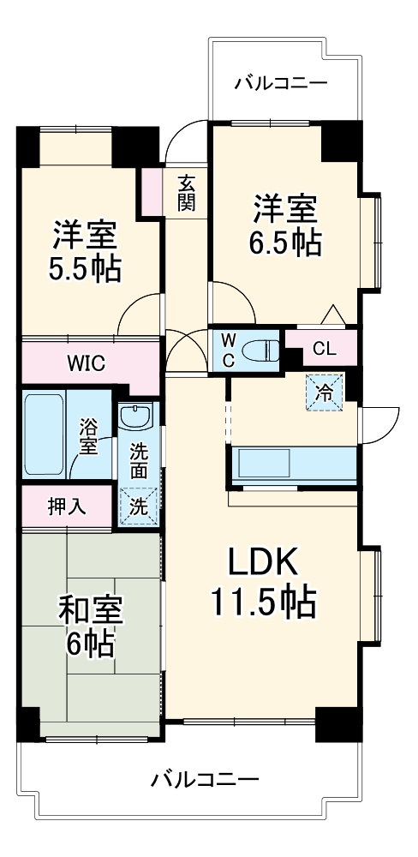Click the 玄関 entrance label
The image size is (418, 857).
pyautogui.click(x=187, y=193)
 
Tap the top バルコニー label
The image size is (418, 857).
pyautogui.click(x=280, y=83)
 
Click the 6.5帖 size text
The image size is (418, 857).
pyautogui.click(x=285, y=243)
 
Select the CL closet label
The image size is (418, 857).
pyautogui.click(x=324, y=348)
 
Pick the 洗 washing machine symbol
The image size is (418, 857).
pyautogui.click(x=137, y=506)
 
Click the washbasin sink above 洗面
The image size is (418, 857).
pyautogui.click(x=135, y=417)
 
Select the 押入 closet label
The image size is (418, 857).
pyautogui.click(x=66, y=506)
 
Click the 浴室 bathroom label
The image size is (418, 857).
pyautogui.click(x=88, y=434)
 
